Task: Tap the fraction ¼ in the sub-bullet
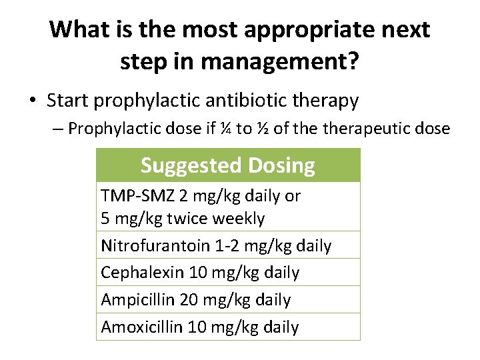coord(227,129)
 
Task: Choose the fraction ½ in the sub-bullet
coord(263,129)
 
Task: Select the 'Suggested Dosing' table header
coord(228,165)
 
